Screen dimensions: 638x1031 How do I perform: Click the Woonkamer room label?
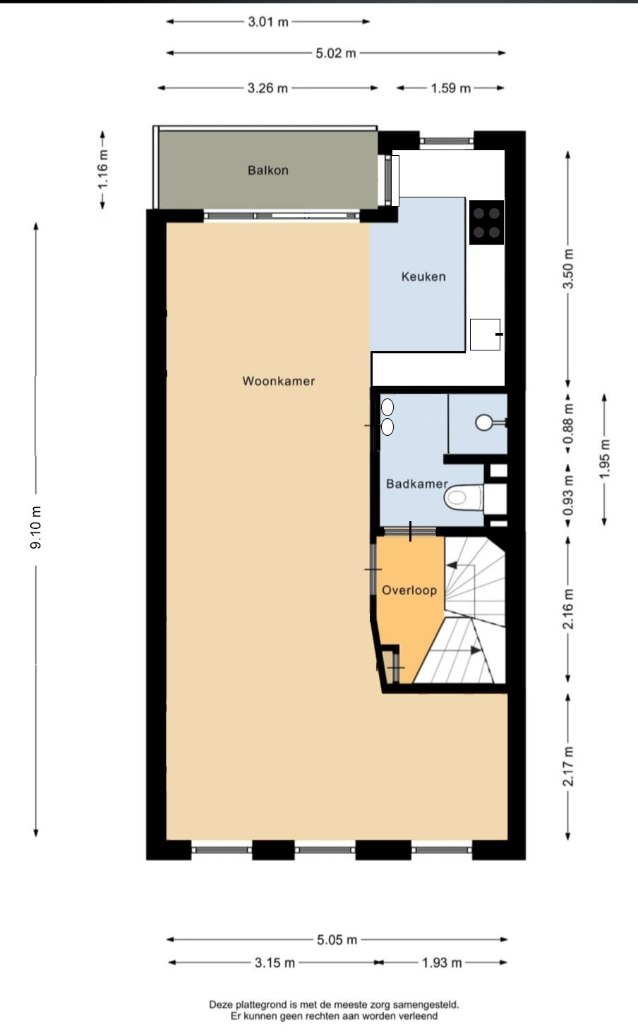pyautogui.click(x=279, y=381)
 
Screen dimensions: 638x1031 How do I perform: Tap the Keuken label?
pyautogui.click(x=423, y=276)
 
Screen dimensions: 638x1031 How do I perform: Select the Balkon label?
pyautogui.click(x=268, y=170)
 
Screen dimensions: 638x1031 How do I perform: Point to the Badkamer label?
pyautogui.click(x=417, y=484)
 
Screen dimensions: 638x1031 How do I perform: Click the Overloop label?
pyautogui.click(x=409, y=590)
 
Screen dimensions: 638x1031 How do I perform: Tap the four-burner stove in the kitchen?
pyautogui.click(x=486, y=222)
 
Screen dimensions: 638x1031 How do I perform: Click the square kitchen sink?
pyautogui.click(x=486, y=334)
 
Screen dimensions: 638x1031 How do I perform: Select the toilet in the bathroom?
pyautogui.click(x=464, y=497)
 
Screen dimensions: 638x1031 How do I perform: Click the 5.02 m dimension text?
pyautogui.click(x=336, y=54)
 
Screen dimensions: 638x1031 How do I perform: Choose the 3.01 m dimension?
pyautogui.click(x=268, y=22)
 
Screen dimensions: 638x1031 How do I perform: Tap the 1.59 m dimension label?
pyautogui.click(x=450, y=88)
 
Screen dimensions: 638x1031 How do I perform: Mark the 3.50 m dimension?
pyautogui.click(x=568, y=269)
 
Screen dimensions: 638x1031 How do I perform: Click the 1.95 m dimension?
pyautogui.click(x=605, y=459)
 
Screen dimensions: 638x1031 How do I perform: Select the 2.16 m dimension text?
pyautogui.click(x=568, y=609)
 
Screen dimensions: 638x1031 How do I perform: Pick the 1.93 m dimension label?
pyautogui.click(x=442, y=963)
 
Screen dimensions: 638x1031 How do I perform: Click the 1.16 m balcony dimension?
pyautogui.click(x=102, y=169)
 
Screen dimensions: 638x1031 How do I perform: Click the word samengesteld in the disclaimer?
pyautogui.click(x=428, y=1005)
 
